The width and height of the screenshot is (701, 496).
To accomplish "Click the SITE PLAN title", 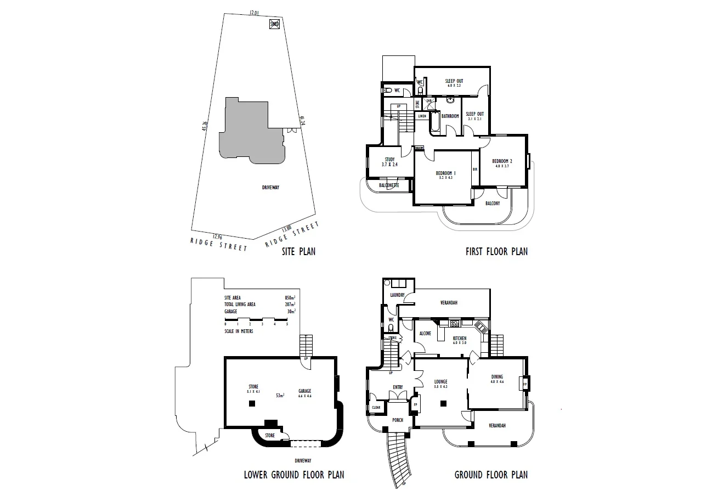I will (x=298, y=252).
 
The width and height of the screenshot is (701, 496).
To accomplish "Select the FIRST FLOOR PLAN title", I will (x=496, y=252).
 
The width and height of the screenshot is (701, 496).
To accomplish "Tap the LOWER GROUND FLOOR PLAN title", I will (x=294, y=475).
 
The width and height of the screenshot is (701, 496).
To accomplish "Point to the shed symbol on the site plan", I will (x=275, y=24).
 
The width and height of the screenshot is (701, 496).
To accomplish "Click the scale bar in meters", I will (x=256, y=319).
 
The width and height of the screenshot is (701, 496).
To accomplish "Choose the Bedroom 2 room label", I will (x=502, y=161).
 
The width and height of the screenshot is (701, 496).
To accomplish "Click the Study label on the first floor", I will (x=389, y=160).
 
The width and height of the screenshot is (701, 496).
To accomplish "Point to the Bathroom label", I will (x=450, y=116).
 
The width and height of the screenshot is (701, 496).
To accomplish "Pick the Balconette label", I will (x=389, y=185).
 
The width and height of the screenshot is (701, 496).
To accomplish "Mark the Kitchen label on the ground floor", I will (x=459, y=339).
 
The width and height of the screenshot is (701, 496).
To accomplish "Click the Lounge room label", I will (x=440, y=382).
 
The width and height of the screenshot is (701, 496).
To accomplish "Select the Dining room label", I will (x=497, y=377).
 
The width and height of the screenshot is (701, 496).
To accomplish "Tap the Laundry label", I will (x=397, y=295).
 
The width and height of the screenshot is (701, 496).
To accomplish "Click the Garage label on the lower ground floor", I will (x=304, y=391).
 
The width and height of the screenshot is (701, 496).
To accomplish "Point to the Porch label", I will (x=397, y=420).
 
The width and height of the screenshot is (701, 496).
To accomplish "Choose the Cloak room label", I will (x=376, y=408).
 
